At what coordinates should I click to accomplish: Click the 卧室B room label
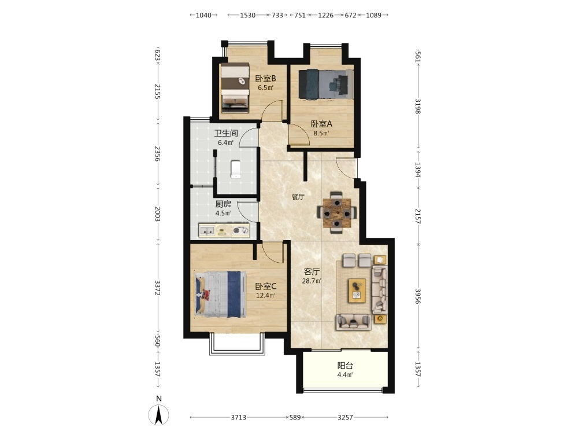[265, 79]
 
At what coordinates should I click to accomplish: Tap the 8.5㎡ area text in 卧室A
[321, 133]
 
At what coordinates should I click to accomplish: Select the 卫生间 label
[225, 133]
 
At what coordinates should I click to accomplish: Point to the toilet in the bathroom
[236, 169]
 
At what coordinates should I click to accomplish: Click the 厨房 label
[223, 204]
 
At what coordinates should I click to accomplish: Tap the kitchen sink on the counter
[207, 231]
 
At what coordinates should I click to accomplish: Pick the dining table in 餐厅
[337, 212]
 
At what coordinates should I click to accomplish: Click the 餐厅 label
[298, 197]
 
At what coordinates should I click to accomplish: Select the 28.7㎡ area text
[312, 281]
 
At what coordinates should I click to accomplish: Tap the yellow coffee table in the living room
[357, 290]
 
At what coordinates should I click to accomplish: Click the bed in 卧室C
[220, 294]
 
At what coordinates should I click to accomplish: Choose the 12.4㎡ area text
[266, 296]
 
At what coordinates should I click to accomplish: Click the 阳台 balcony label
[345, 366]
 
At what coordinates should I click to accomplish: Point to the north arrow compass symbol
[158, 414]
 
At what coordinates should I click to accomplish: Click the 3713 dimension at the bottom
[239, 417]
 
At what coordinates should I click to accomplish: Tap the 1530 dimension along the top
[248, 15]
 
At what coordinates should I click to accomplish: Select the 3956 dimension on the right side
[418, 296]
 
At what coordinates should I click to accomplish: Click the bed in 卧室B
[235, 87]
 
